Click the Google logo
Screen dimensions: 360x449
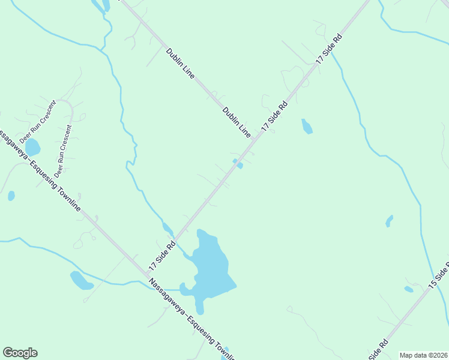coord(20,353)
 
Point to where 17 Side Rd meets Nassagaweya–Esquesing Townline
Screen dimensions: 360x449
coord(146,275)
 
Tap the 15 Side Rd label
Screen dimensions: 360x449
coord(439,277)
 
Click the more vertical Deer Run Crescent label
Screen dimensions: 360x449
coord(63,151)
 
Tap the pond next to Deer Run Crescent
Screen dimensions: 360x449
coord(32,147)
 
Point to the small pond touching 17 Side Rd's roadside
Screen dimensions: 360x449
coord(238,163)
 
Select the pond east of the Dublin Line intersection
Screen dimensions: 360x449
coord(307,126)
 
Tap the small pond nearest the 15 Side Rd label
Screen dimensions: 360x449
coord(409,289)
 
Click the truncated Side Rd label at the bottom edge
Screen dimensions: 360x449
coord(378,350)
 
